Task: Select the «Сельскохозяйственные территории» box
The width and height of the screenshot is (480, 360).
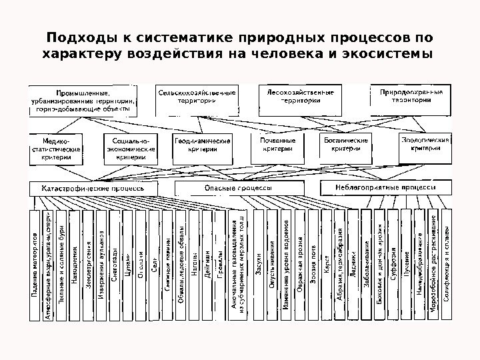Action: tap(197, 97)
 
